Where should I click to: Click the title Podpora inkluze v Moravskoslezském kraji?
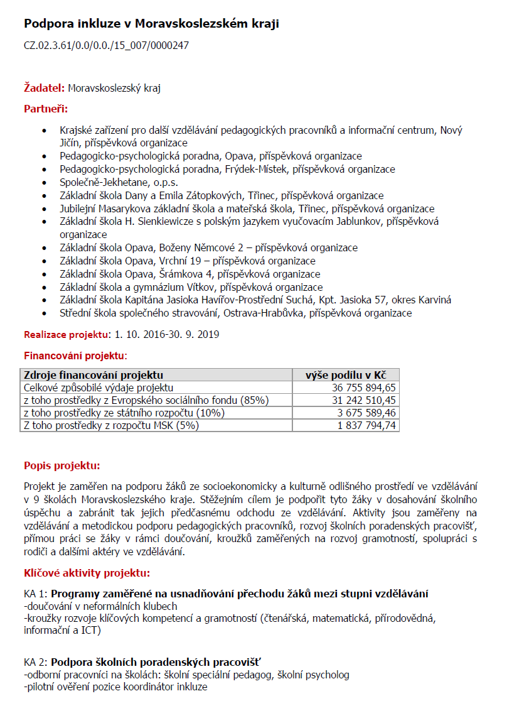(151, 24)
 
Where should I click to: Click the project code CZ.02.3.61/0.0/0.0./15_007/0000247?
(106, 45)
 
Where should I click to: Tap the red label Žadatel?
(45, 88)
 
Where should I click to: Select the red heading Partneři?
(45, 109)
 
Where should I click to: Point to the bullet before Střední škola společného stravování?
(43, 313)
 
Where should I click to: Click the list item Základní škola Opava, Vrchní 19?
(188, 261)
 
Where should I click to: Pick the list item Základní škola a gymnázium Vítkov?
(191, 287)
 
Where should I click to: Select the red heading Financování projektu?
(75, 356)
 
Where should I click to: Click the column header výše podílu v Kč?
(346, 375)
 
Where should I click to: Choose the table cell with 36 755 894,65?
(364, 388)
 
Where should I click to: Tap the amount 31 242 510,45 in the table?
(364, 400)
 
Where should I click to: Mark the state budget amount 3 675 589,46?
(366, 413)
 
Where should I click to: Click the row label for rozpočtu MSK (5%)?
(111, 425)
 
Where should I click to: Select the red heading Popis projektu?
(61, 466)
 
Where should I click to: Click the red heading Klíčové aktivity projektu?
(87, 573)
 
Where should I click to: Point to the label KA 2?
(36, 662)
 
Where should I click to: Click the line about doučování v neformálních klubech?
(100, 606)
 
